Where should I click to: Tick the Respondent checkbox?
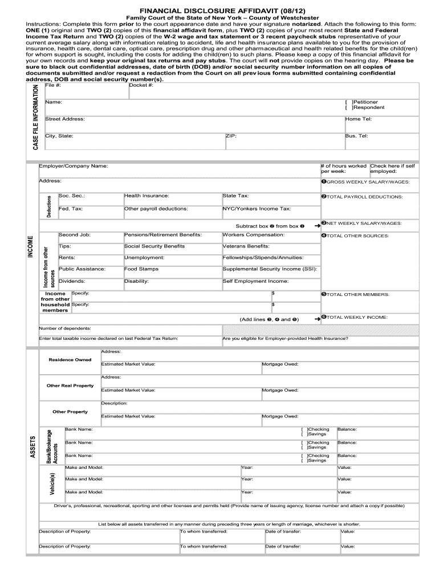(x=349, y=107)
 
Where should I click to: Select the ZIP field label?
(x=231, y=136)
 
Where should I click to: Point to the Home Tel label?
(x=358, y=119)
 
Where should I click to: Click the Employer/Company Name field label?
(x=73, y=166)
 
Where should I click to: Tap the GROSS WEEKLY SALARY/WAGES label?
(x=367, y=182)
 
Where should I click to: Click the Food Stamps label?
(x=137, y=269)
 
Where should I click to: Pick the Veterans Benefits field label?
(x=246, y=246)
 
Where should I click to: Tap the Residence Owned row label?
(x=70, y=360)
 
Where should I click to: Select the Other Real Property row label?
(x=70, y=386)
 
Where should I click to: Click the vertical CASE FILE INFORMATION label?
(x=35, y=118)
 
